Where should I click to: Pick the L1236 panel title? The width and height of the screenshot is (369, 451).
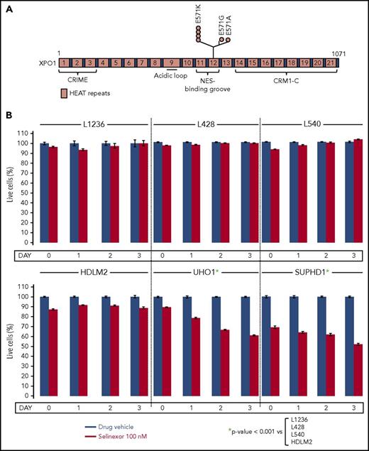pos(94,124)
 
